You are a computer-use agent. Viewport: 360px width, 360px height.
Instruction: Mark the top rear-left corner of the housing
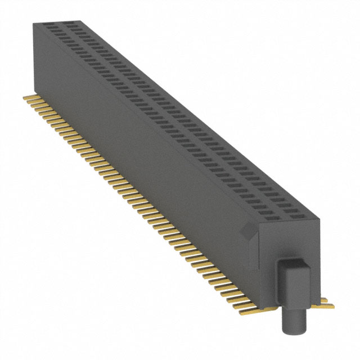coord(33,23)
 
